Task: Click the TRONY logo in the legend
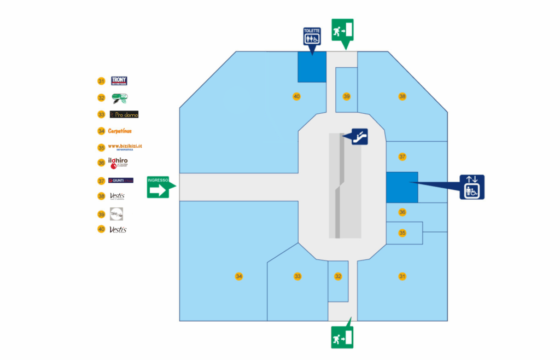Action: (119, 81)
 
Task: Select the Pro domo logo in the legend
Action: (124, 114)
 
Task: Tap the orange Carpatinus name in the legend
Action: (120, 131)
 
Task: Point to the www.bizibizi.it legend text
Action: (124, 147)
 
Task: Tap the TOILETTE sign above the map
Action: (312, 37)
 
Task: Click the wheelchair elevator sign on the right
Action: (471, 187)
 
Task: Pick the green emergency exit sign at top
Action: (342, 30)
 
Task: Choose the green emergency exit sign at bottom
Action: (342, 337)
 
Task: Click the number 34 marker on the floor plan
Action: (239, 276)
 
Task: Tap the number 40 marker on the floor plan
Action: (296, 96)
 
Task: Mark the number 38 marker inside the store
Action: (402, 96)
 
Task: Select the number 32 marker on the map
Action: (338, 276)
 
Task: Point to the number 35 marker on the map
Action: (402, 233)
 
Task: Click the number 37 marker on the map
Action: (402, 156)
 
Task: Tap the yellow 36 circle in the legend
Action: (101, 162)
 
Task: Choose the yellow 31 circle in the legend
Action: (101, 81)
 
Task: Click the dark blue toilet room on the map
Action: (312, 67)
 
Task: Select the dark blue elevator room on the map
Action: (402, 187)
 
